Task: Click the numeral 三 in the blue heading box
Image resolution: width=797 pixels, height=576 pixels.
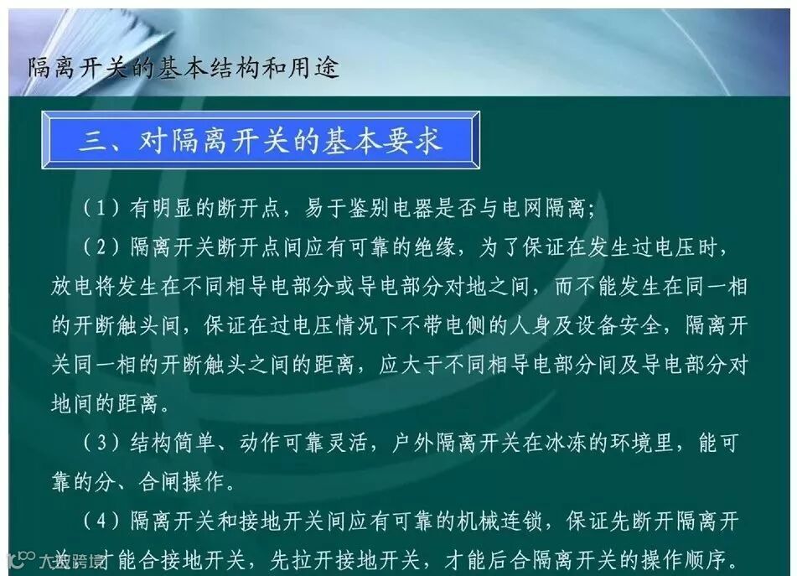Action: (x=93, y=140)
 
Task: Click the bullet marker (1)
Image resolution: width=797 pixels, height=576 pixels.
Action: (x=101, y=208)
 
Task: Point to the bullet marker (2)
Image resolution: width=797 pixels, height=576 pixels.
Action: (x=101, y=247)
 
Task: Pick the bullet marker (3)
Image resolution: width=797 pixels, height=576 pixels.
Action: (x=101, y=444)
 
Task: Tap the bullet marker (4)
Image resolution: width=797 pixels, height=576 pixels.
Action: (x=101, y=522)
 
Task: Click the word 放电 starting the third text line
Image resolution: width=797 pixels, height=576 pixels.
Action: (x=72, y=287)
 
